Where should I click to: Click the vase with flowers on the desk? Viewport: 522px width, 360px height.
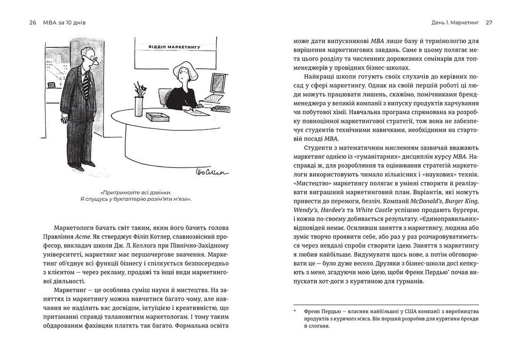138,105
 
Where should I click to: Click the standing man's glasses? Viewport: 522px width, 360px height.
94,59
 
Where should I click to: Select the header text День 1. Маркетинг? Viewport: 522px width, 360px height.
455,23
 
